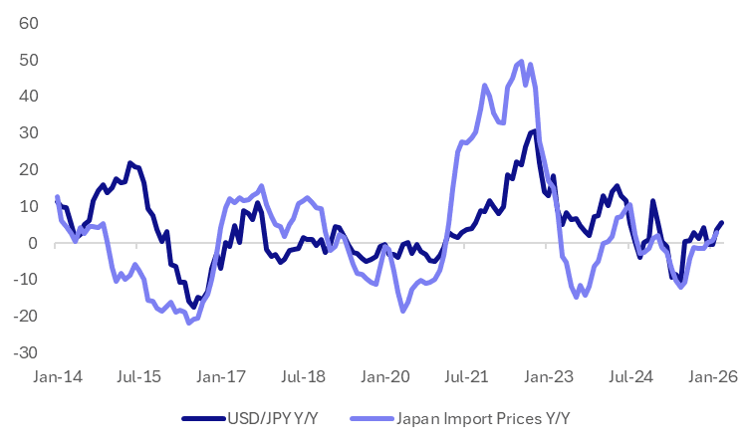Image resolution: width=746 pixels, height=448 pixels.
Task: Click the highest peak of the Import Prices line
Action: coord(522,61)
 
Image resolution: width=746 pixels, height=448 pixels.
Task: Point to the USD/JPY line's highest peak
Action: coord(534,131)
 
